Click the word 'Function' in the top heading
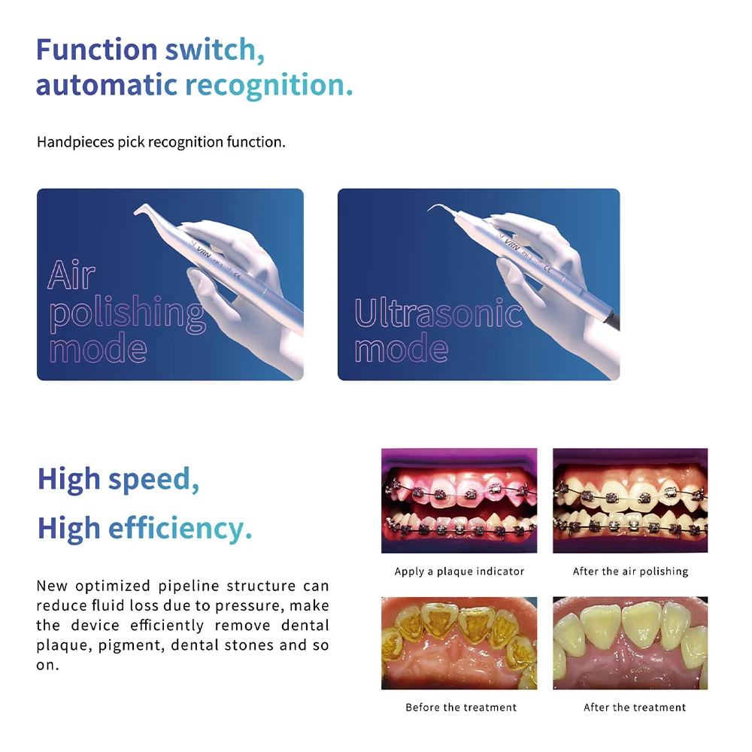[x=96, y=50]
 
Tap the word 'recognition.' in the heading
[x=269, y=86]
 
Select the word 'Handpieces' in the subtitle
[x=75, y=142]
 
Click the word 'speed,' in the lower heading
[x=153, y=480]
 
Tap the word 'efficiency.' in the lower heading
[x=180, y=529]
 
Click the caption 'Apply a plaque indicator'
[x=459, y=572]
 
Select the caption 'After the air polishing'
[x=630, y=572]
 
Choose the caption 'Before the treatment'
[x=460, y=708]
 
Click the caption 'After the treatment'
[x=634, y=708]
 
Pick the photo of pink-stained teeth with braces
[x=459, y=501]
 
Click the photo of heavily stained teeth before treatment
[x=459, y=643]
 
